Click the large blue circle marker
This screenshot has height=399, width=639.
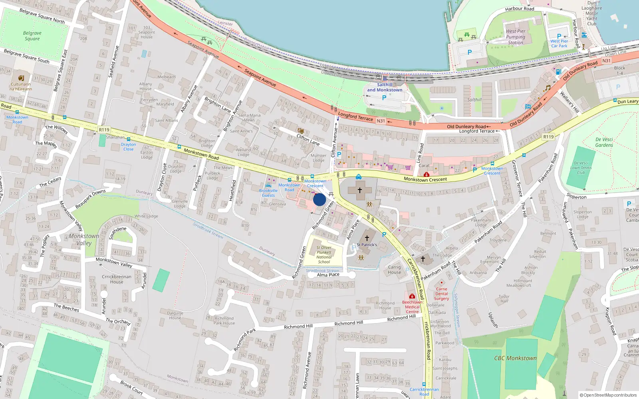319,199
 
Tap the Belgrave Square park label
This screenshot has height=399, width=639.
32,36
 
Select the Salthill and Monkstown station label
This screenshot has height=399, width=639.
385,87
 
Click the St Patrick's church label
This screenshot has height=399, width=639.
367,245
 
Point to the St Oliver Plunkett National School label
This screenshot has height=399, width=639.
324,255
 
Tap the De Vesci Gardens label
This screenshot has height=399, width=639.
604,142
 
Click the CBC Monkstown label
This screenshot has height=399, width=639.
515,358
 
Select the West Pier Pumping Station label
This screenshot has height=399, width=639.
516,37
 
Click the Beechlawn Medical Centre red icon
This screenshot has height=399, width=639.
412,296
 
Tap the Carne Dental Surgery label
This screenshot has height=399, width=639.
441,294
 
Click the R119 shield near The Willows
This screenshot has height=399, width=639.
104,130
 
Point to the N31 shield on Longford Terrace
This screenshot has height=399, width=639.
381,121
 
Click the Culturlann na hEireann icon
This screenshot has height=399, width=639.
21,78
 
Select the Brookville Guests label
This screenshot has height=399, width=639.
268,193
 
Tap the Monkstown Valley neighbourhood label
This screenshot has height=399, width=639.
84,239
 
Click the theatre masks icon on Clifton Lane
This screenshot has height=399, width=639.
300,130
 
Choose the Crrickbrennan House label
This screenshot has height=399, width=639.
117,279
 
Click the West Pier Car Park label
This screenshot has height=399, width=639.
559,43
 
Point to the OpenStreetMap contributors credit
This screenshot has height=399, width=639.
608,395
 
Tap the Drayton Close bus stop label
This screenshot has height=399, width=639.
128,147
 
